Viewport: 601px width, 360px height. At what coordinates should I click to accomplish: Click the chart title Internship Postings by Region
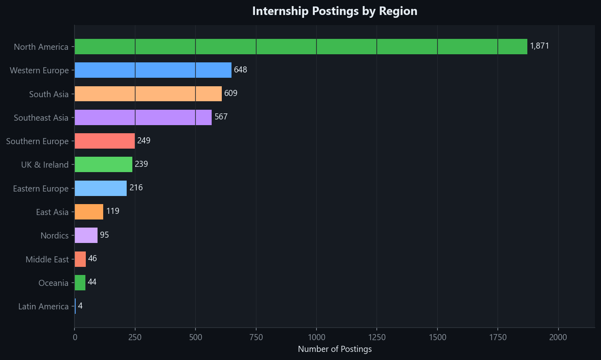coord(335,11)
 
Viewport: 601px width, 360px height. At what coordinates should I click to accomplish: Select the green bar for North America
coord(301,47)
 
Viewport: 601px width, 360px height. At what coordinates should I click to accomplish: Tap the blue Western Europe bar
coord(153,70)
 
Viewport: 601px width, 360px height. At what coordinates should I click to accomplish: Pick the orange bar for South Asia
coord(148,94)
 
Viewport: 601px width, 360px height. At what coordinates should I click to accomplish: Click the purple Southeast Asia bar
coord(143,117)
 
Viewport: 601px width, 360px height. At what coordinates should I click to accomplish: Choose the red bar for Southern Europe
coord(105,141)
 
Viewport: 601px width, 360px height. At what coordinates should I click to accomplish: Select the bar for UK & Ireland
coord(104,164)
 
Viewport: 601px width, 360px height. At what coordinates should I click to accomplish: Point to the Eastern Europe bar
coord(101,188)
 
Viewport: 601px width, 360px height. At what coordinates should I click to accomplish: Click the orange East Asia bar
coord(89,212)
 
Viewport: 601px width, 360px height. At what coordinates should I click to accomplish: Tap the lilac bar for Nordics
coord(86,235)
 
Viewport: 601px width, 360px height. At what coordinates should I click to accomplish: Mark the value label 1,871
coord(539,46)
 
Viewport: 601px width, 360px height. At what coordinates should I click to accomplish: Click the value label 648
coord(240,70)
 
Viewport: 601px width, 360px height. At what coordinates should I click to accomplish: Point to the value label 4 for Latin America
coord(80,306)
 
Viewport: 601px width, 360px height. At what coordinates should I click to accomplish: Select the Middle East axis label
coord(47,259)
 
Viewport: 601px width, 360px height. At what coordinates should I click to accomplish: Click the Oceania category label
coord(53,283)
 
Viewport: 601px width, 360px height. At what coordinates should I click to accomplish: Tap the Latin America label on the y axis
coord(43,307)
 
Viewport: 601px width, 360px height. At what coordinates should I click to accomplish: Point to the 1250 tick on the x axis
coord(377,338)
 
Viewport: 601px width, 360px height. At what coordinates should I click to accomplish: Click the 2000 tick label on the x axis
coord(559,338)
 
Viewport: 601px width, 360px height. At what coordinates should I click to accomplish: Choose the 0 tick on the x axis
coord(74,338)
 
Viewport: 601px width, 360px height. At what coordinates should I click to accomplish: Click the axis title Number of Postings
coord(335,349)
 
